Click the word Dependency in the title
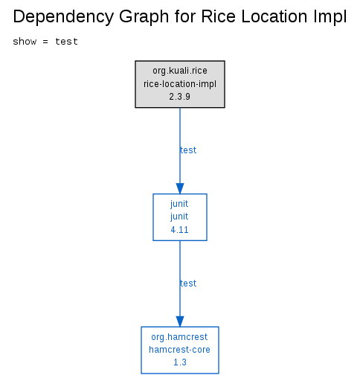coord(63,17)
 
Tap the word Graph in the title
coord(144,17)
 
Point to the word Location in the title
coord(274,16)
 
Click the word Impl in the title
coord(330,17)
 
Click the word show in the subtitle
coord(25,42)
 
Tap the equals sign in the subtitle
coord(45,42)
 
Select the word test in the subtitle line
coord(66,42)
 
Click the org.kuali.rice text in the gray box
coord(180,71)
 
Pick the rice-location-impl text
coord(180,84)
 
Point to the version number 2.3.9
coord(180,97)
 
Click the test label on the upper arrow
coord(188,150)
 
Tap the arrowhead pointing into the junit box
coord(180,188)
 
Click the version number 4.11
coord(180,230)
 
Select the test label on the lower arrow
coord(188,283)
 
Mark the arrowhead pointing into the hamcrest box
coord(180,321)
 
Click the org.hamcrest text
coord(179,337)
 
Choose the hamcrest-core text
coord(179,350)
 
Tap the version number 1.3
coord(180,362)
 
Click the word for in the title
coord(184,16)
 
